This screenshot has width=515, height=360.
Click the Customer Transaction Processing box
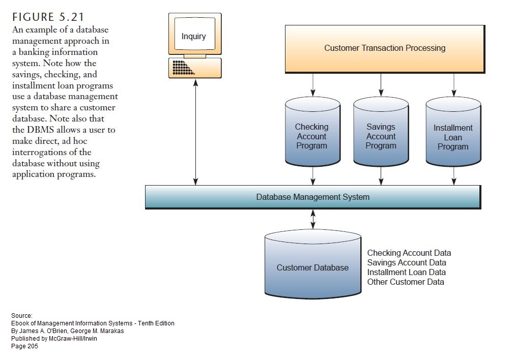click(384, 48)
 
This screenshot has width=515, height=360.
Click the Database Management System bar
click(312, 197)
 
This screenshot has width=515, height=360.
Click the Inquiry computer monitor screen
click(194, 36)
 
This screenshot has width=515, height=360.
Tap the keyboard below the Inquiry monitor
click(195, 68)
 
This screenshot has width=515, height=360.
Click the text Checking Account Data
click(409, 253)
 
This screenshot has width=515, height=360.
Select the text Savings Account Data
click(406, 262)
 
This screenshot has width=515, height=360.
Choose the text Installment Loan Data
click(406, 272)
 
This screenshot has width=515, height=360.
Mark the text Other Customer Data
click(405, 282)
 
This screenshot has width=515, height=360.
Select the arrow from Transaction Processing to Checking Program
click(312, 84)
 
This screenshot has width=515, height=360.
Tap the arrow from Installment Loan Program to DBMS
click(453, 175)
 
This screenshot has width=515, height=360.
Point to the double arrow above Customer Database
click(313, 219)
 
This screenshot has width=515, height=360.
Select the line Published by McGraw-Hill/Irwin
click(54, 339)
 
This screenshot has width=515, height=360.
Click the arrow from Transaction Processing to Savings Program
click(381, 84)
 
